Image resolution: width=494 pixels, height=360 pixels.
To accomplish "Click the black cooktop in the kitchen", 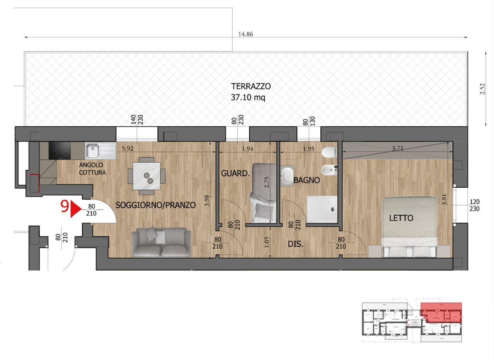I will [x=60, y=150].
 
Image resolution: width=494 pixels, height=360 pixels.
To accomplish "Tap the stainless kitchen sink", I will [x=100, y=151].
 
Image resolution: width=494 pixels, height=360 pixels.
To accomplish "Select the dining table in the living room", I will [x=147, y=176].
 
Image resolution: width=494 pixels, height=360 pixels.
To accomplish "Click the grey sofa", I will [x=161, y=242].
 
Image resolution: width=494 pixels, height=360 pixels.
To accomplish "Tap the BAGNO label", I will [x=306, y=180].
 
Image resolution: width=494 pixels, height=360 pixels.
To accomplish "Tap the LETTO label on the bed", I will [x=401, y=218].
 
